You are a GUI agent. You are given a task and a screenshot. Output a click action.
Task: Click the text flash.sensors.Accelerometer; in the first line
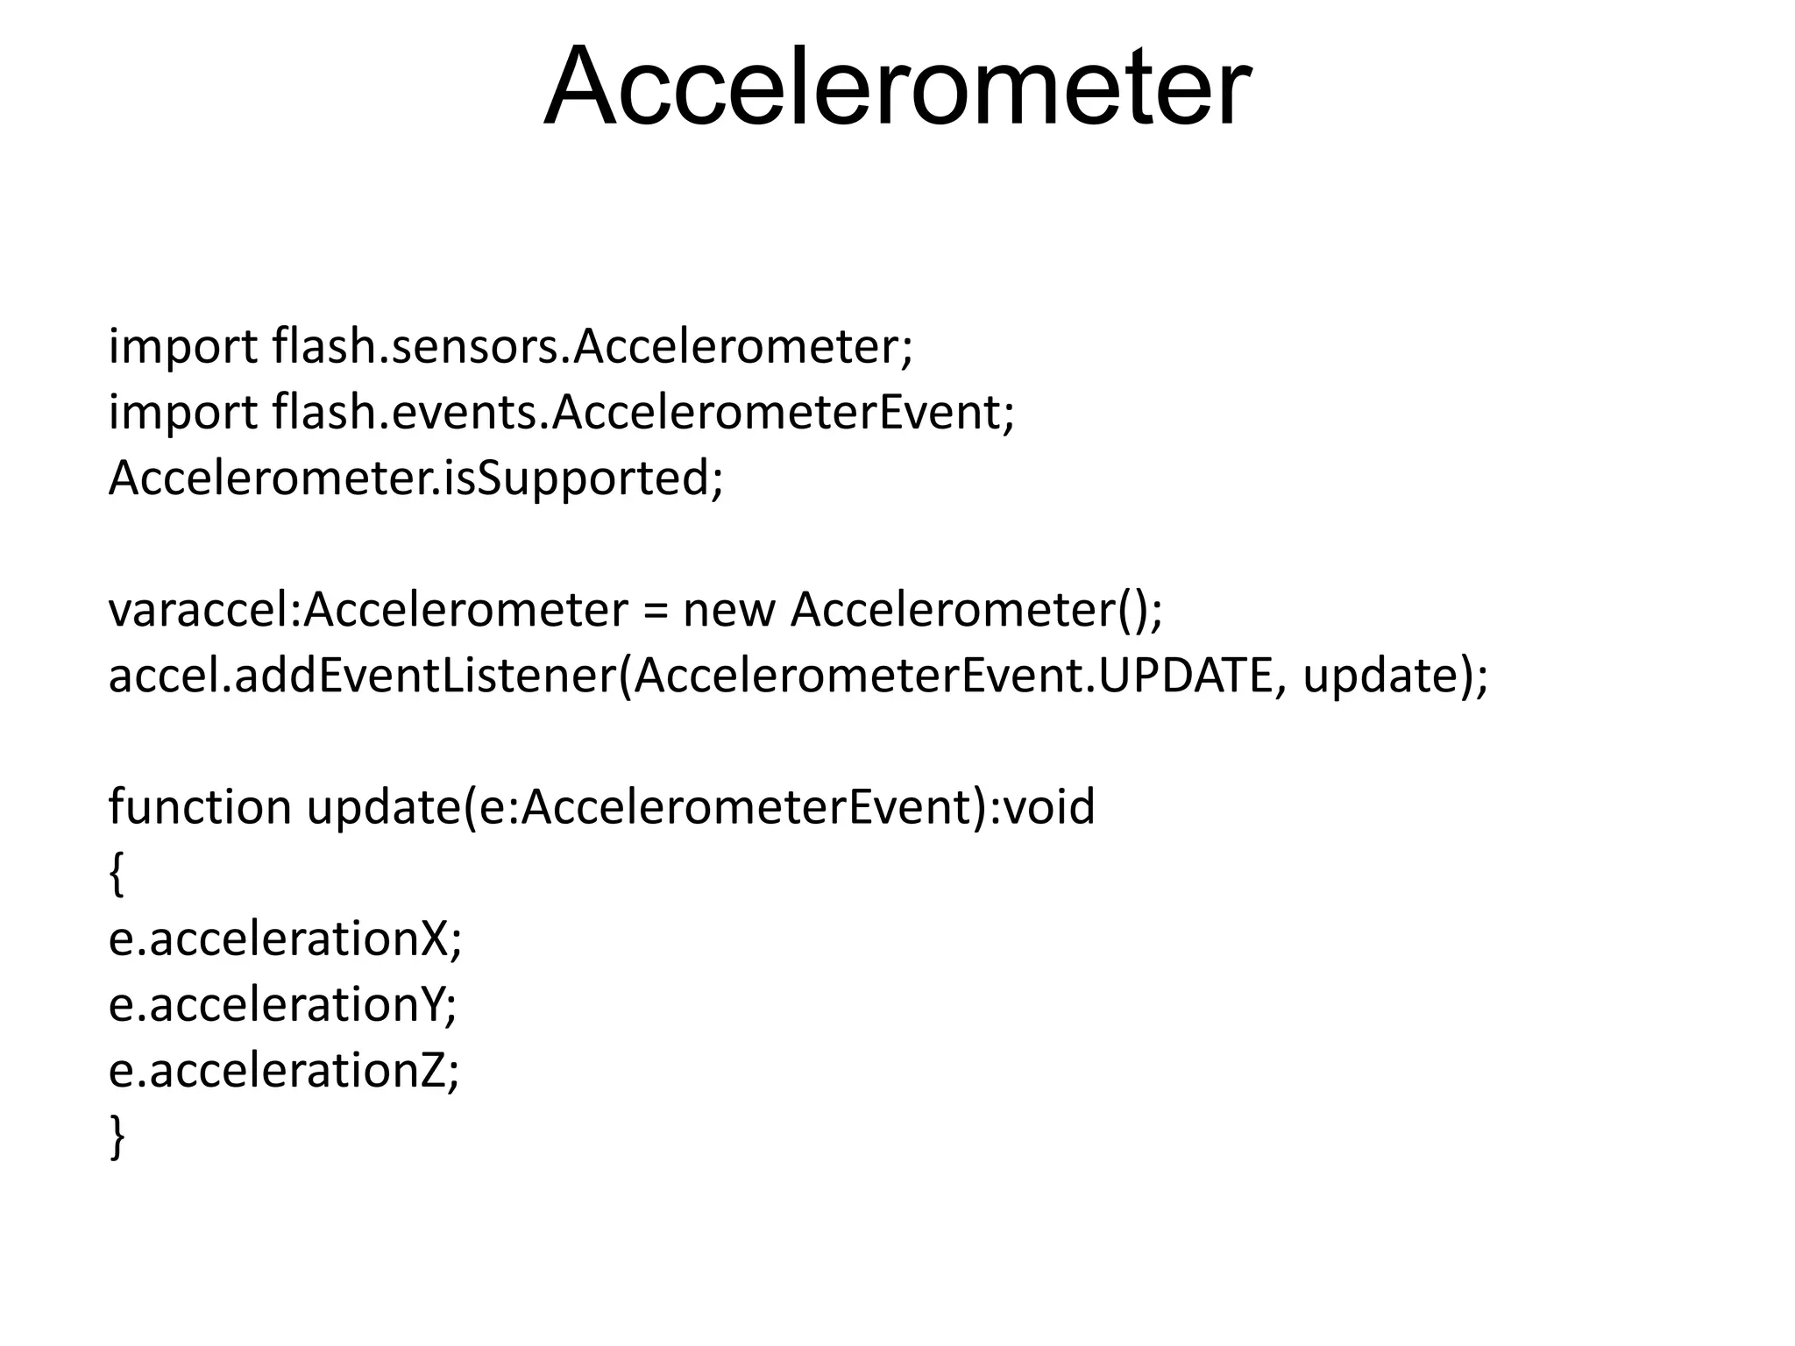coord(592,346)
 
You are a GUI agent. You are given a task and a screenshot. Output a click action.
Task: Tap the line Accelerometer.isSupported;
coord(415,478)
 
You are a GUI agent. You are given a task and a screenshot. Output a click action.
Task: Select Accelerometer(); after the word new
coord(976,610)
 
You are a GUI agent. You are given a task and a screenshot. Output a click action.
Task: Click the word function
coord(200,807)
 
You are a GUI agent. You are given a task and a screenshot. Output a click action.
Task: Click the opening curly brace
coord(117,874)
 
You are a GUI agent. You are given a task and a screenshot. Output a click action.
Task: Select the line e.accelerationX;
coord(285,939)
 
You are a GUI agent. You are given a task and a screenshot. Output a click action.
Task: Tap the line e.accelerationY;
coord(282,1004)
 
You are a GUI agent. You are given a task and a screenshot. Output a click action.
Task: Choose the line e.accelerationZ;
coord(283,1070)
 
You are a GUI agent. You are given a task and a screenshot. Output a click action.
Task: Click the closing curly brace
coord(117,1137)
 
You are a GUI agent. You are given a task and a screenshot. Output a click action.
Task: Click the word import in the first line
coord(182,348)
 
